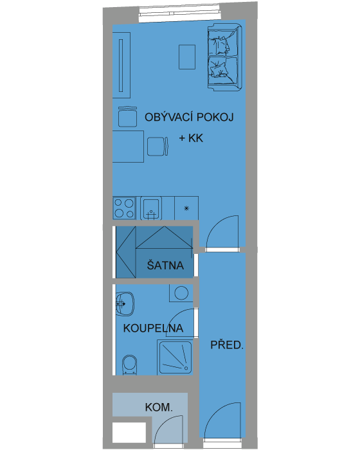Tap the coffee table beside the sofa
187,57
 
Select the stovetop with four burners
124,208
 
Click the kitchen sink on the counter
150,208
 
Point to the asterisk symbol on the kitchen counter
186,208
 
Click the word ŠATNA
165,265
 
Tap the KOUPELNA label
153,328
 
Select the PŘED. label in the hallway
227,345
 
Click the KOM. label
159,407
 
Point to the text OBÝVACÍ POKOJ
189,117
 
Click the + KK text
191,138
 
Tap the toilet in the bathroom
129,364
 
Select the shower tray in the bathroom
175,357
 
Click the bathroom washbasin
125,303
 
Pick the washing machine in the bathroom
181,293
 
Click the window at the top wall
180,13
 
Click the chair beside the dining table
157,147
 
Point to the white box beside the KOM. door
129,432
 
